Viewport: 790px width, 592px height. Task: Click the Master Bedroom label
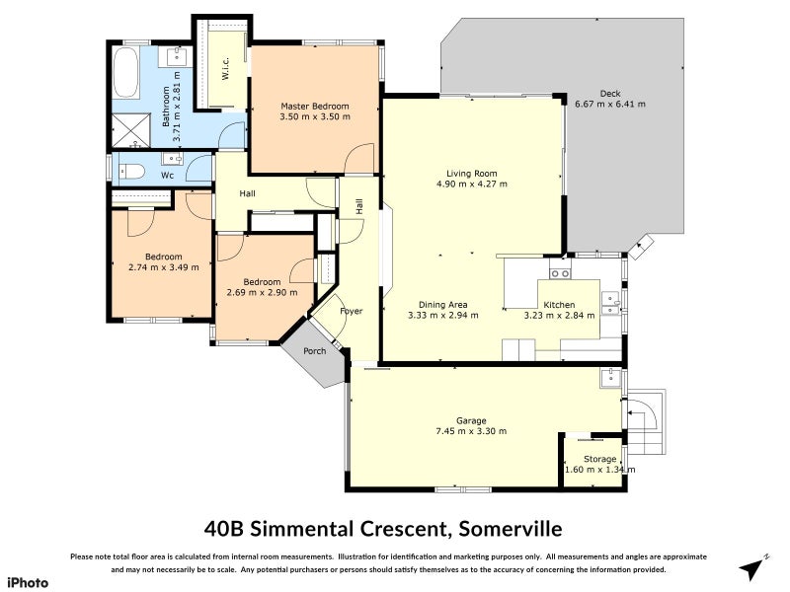coord(314,106)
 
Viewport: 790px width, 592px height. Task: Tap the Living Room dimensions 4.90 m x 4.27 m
coord(471,184)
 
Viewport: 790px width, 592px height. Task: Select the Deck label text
coord(610,93)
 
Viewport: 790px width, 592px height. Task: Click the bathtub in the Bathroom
coord(126,75)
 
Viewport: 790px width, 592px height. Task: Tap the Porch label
coord(314,350)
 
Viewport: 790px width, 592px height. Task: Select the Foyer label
coord(351,311)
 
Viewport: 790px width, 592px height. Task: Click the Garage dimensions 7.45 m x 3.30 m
coord(471,431)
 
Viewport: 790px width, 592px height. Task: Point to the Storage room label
coord(599,459)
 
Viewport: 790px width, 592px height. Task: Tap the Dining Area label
coord(442,305)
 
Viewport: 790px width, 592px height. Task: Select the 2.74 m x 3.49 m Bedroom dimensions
coord(165,267)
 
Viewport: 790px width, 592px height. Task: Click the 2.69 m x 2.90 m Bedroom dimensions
coord(255,293)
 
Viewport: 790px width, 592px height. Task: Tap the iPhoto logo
coord(29,582)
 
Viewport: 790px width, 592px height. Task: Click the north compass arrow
coord(754,567)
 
